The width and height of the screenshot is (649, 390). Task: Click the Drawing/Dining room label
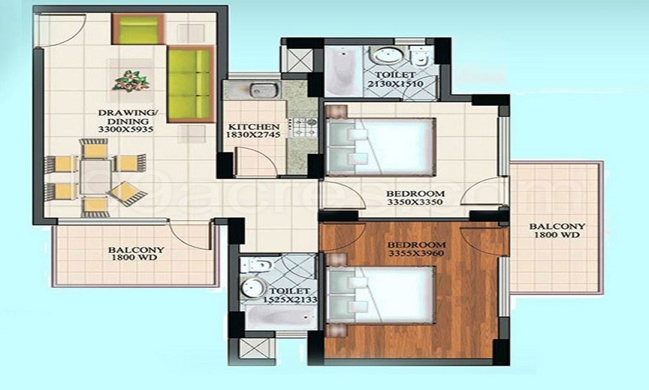pos(128,121)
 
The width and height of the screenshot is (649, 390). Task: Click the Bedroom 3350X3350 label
pos(415,198)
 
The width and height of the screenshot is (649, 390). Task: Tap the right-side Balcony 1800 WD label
pos(557,231)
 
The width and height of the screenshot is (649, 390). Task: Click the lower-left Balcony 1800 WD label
pos(136,253)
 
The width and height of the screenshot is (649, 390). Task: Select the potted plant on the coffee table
pos(131,81)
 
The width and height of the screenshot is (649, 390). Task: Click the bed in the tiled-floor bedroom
pos(380,147)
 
